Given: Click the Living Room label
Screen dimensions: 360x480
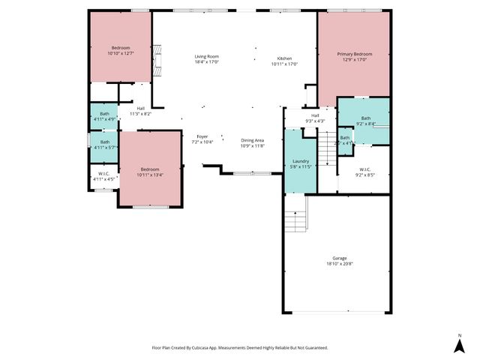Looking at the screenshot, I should pyautogui.click(x=206, y=56).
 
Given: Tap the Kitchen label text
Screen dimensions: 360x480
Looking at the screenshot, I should pyautogui.click(x=284, y=58).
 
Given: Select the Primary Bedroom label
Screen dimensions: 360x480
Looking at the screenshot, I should pyautogui.click(x=354, y=54).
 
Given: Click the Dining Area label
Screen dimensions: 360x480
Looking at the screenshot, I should pyautogui.click(x=252, y=140).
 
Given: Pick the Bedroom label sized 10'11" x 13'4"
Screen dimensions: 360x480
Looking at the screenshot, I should pyautogui.click(x=150, y=169).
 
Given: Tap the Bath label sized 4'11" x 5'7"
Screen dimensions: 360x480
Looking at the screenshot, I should pyautogui.click(x=104, y=142).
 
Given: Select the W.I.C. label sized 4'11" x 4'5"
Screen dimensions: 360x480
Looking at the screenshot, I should pyautogui.click(x=103, y=175).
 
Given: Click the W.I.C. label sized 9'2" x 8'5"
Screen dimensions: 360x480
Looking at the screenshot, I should pyautogui.click(x=364, y=170).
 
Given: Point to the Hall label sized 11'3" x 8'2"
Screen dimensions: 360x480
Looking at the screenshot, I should pyautogui.click(x=140, y=109).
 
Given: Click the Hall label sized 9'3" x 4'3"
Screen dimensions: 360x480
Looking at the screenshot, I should pyautogui.click(x=315, y=115).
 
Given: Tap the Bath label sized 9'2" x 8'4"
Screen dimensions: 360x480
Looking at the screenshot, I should pyautogui.click(x=365, y=118).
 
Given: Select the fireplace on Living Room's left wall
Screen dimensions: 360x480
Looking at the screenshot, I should pyautogui.click(x=156, y=61).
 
